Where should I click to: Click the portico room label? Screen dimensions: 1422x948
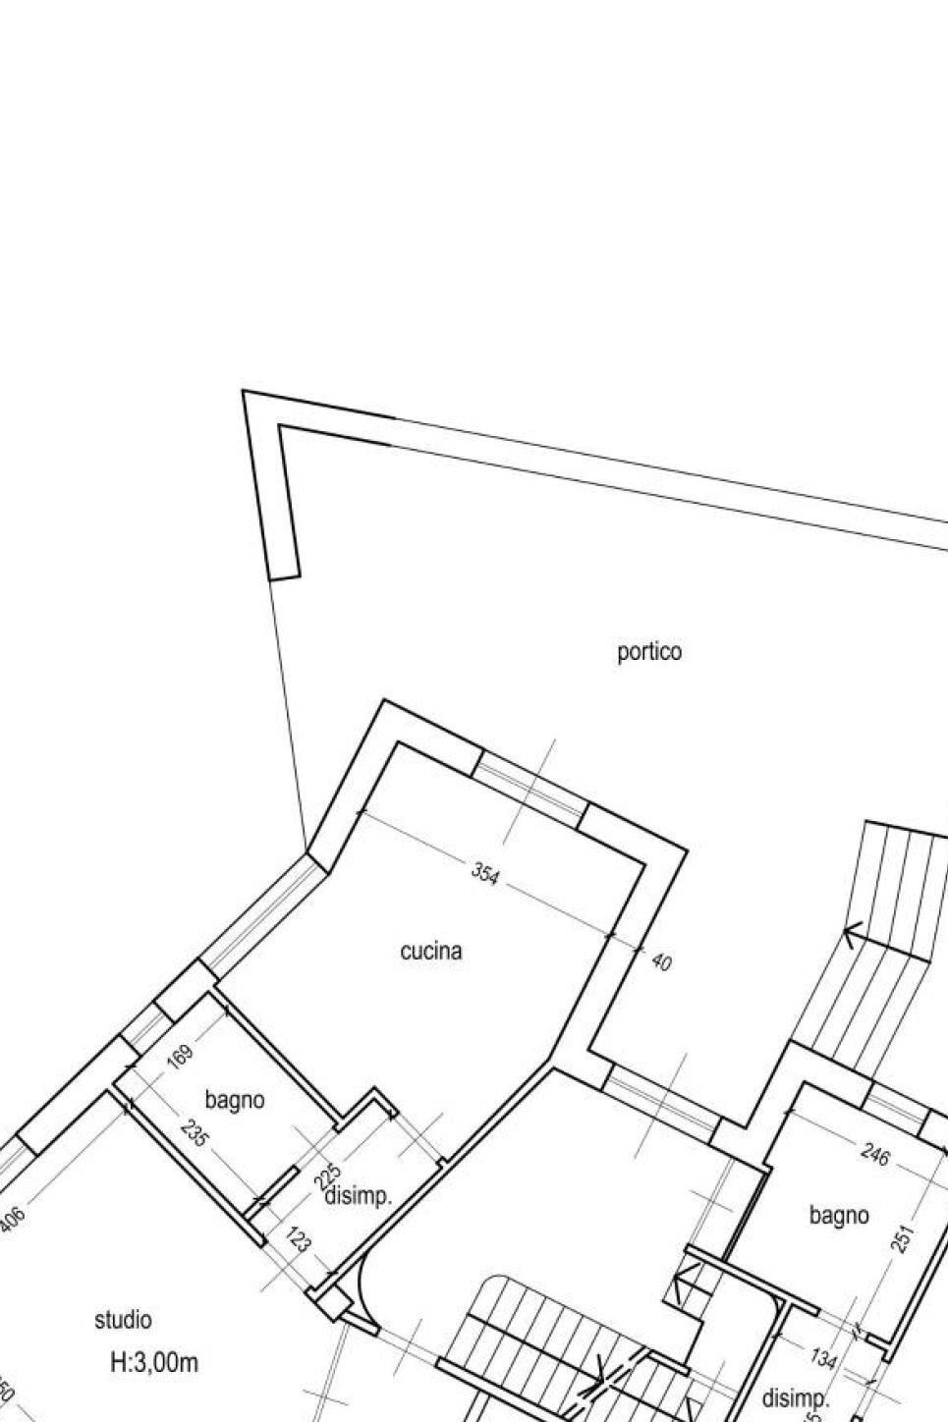[x=648, y=651]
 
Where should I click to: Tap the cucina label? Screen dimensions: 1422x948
[x=431, y=951]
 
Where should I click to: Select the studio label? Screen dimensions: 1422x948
[x=123, y=1320]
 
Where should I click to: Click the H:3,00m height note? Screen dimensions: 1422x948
[x=153, y=1363]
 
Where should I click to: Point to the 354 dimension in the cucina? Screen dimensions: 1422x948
[x=485, y=873]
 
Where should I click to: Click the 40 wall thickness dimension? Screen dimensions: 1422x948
[x=661, y=962]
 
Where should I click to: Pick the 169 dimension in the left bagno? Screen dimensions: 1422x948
[x=182, y=1059]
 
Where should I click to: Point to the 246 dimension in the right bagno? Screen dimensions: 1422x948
[x=874, y=1155]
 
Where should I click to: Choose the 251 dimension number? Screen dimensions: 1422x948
[x=905, y=1238]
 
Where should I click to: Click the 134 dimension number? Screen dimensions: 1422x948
[x=823, y=1358]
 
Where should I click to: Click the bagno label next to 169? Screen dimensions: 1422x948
[x=235, y=1100]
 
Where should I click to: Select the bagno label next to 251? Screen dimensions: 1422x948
[x=839, y=1215]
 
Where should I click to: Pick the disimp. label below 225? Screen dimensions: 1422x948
[x=359, y=1197]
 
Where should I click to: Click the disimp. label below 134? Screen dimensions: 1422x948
[x=796, y=1398]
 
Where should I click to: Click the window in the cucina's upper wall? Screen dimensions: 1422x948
[x=530, y=790]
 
